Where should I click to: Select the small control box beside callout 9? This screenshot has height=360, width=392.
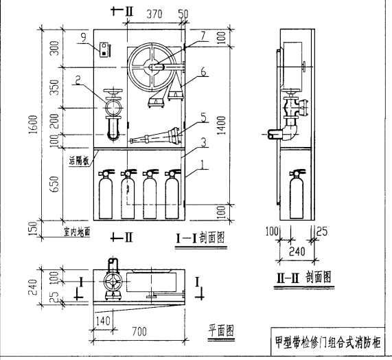(104, 48)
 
